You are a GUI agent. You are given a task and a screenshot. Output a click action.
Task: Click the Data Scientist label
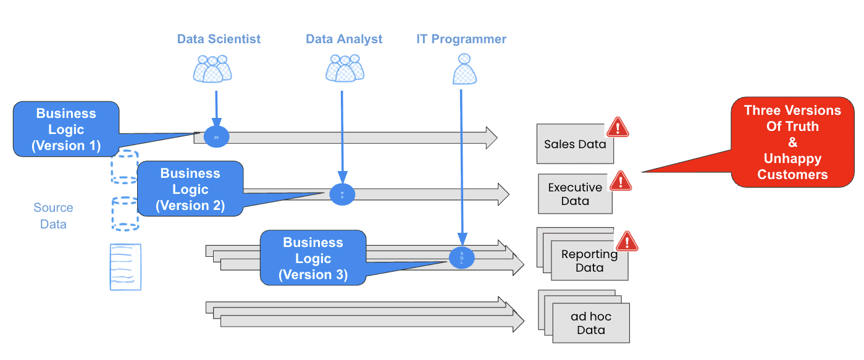pyautogui.click(x=219, y=39)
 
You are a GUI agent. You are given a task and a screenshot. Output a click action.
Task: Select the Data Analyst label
pyautogui.click(x=344, y=39)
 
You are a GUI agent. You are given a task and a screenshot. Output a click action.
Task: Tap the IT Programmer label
pyautogui.click(x=461, y=39)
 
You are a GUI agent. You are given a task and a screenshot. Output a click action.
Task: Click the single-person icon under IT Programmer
pyautogui.click(x=465, y=69)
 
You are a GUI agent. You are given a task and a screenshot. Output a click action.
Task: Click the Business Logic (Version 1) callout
pyautogui.click(x=66, y=129)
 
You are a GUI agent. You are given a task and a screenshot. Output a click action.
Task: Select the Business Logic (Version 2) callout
pyautogui.click(x=190, y=189)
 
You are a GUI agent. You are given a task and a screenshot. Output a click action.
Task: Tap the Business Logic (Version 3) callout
pyautogui.click(x=313, y=258)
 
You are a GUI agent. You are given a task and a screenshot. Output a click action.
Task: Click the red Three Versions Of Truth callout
pyautogui.click(x=792, y=142)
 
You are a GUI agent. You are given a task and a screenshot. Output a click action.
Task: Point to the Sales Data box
pyautogui.click(x=574, y=144)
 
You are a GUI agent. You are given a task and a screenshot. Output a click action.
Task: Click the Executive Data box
pyautogui.click(x=575, y=194)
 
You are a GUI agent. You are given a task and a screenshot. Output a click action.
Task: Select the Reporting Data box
pyautogui.click(x=589, y=261)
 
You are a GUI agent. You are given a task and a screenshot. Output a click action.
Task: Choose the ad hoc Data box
pyautogui.click(x=591, y=323)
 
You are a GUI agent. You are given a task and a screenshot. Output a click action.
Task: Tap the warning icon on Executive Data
pyautogui.click(x=621, y=180)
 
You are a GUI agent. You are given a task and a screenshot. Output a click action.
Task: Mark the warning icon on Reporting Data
pyautogui.click(x=627, y=241)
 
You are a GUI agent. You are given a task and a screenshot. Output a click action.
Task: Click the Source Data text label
pyautogui.click(x=53, y=216)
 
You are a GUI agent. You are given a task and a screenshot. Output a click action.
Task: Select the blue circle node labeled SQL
pyautogui.click(x=462, y=257)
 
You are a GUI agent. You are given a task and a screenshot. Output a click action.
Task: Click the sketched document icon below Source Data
pyautogui.click(x=125, y=267)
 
